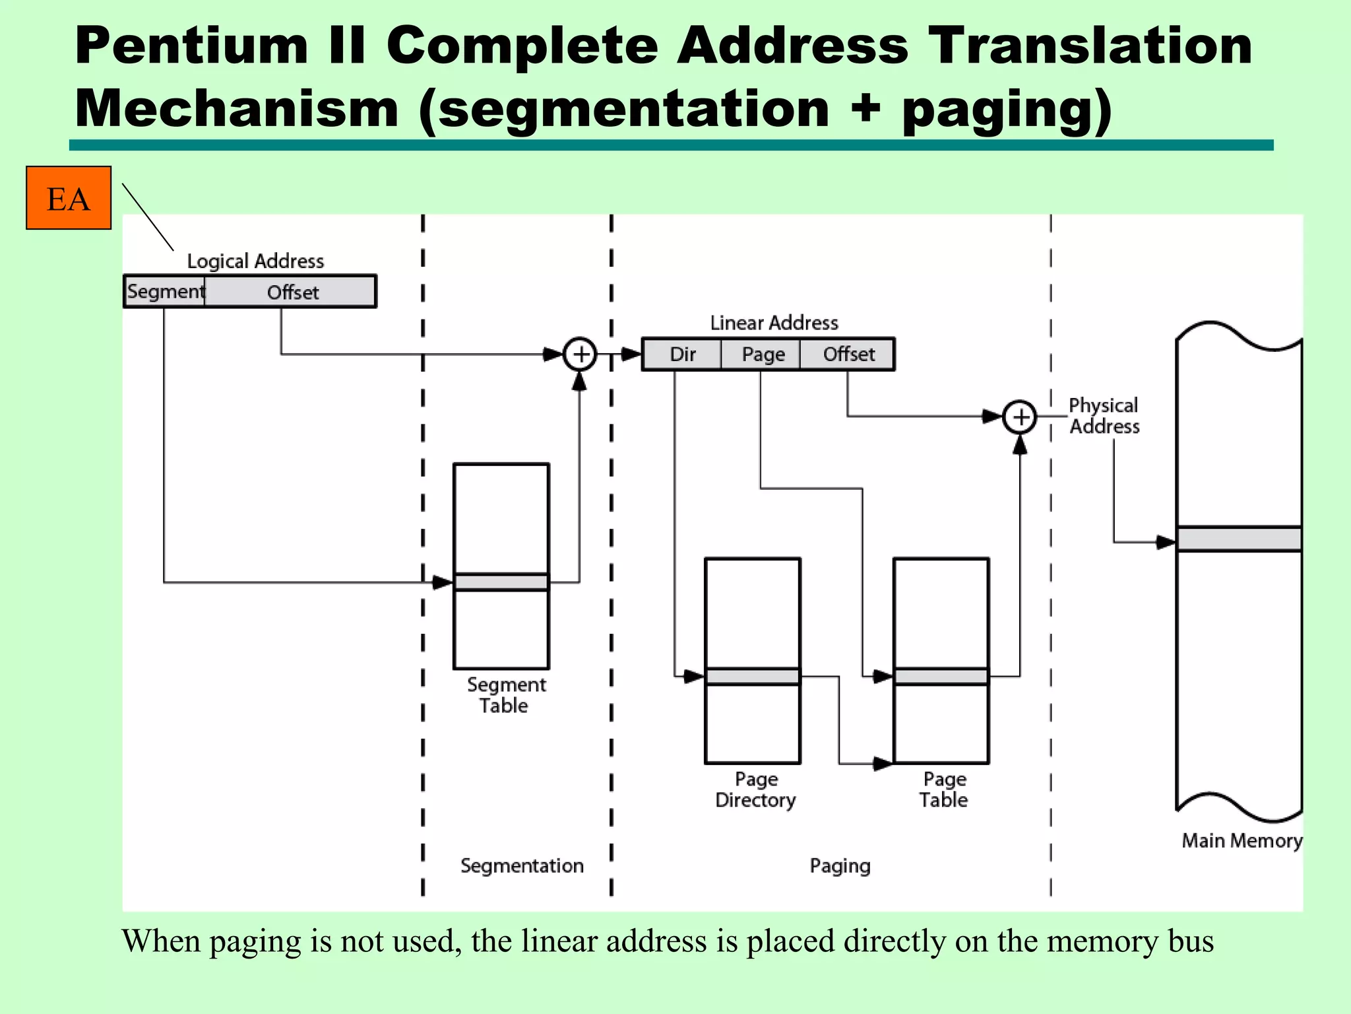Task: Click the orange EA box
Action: [69, 198]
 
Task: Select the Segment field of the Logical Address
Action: [165, 291]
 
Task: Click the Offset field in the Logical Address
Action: [292, 292]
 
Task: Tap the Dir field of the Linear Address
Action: [682, 355]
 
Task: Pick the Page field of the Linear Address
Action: [763, 355]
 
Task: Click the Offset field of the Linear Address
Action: [848, 355]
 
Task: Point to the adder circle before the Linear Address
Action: [580, 355]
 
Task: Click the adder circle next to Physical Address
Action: [1020, 417]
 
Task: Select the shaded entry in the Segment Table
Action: [501, 582]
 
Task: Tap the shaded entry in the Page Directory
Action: [753, 677]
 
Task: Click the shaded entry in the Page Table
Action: [941, 677]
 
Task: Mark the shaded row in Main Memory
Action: [1239, 539]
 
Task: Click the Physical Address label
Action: [1104, 416]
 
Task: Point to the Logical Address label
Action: [255, 261]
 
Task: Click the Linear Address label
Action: [774, 323]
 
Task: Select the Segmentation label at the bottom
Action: [522, 865]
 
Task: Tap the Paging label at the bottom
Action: [840, 865]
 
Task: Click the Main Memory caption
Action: [1241, 840]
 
